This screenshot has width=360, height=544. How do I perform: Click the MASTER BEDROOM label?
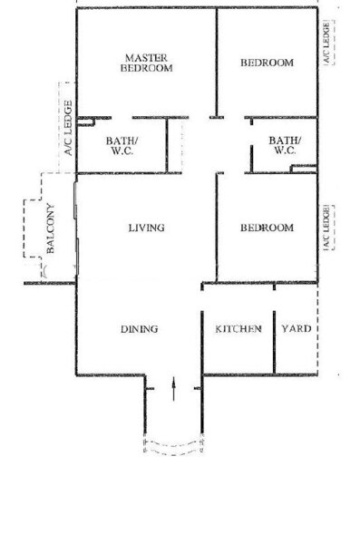click(x=147, y=63)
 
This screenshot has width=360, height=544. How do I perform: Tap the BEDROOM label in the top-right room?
click(x=267, y=63)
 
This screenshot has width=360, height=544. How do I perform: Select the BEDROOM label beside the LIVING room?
click(x=267, y=228)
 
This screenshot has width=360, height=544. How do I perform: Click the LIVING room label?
click(x=147, y=228)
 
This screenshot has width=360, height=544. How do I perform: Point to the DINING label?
click(x=140, y=329)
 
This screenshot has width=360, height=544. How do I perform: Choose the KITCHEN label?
click(x=238, y=329)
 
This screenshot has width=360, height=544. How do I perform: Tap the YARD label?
click(x=297, y=328)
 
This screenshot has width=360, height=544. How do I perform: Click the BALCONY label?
click(x=51, y=229)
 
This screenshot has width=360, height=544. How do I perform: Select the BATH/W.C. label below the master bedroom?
click(x=122, y=146)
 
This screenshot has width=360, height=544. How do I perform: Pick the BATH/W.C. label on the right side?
click(x=285, y=145)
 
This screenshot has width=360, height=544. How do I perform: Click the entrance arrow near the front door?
click(x=173, y=390)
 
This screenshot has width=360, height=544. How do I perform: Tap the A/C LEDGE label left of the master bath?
click(x=68, y=128)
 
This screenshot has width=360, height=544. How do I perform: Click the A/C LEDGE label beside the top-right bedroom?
click(x=326, y=43)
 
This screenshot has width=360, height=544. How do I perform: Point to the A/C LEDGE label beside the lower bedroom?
click(x=326, y=228)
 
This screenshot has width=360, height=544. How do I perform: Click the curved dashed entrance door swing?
click(x=173, y=447)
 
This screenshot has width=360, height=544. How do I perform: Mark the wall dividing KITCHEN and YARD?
click(x=274, y=342)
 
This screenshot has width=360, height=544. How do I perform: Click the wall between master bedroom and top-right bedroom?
click(x=217, y=63)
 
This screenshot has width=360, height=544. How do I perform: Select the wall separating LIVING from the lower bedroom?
click(x=217, y=228)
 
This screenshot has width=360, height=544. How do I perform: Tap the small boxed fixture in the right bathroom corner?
click(x=304, y=169)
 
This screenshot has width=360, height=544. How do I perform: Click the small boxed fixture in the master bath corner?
click(x=86, y=121)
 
